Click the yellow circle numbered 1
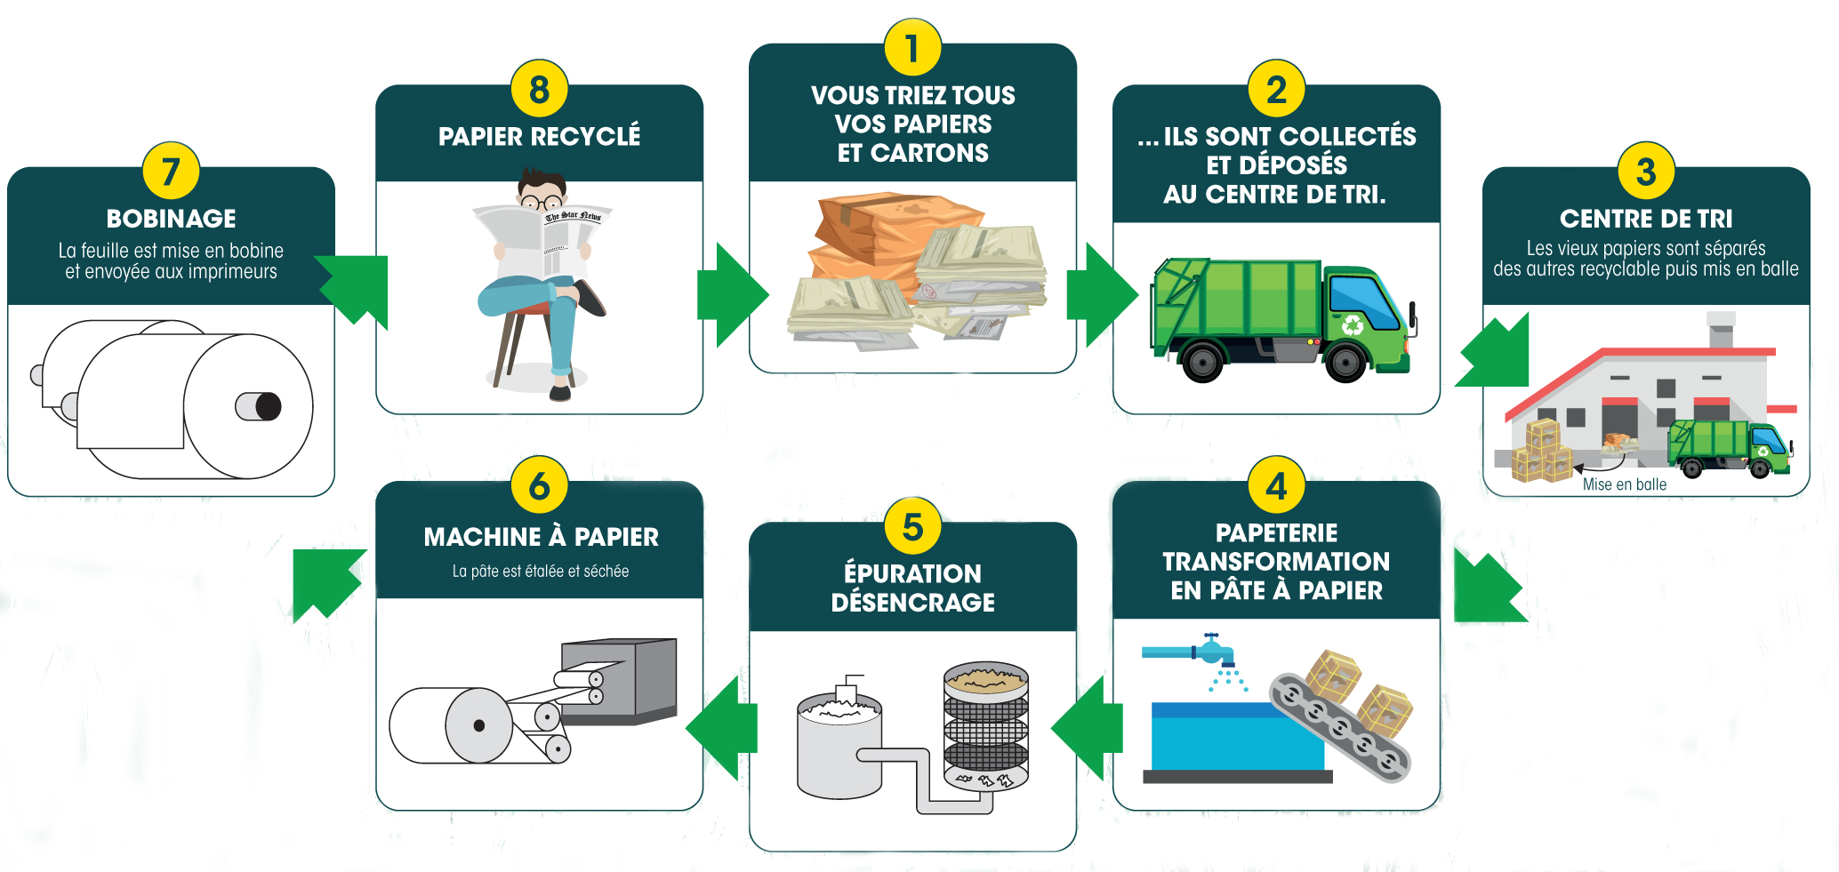click(912, 48)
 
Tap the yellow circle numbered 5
click(912, 526)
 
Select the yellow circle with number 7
click(171, 171)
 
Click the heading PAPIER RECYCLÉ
click(539, 136)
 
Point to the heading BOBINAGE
click(171, 218)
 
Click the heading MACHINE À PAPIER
click(541, 537)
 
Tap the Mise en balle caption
click(1624, 484)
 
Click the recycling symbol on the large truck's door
click(1353, 325)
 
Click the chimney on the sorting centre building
click(1721, 330)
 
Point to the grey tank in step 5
click(839, 747)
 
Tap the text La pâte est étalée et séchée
click(540, 572)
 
